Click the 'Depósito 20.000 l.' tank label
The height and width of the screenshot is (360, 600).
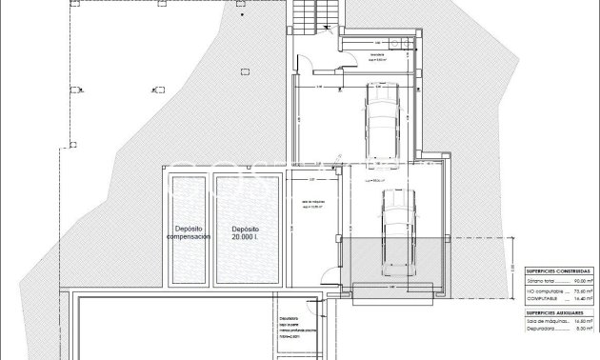click(245, 232)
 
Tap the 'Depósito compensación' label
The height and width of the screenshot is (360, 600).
click(190, 232)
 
